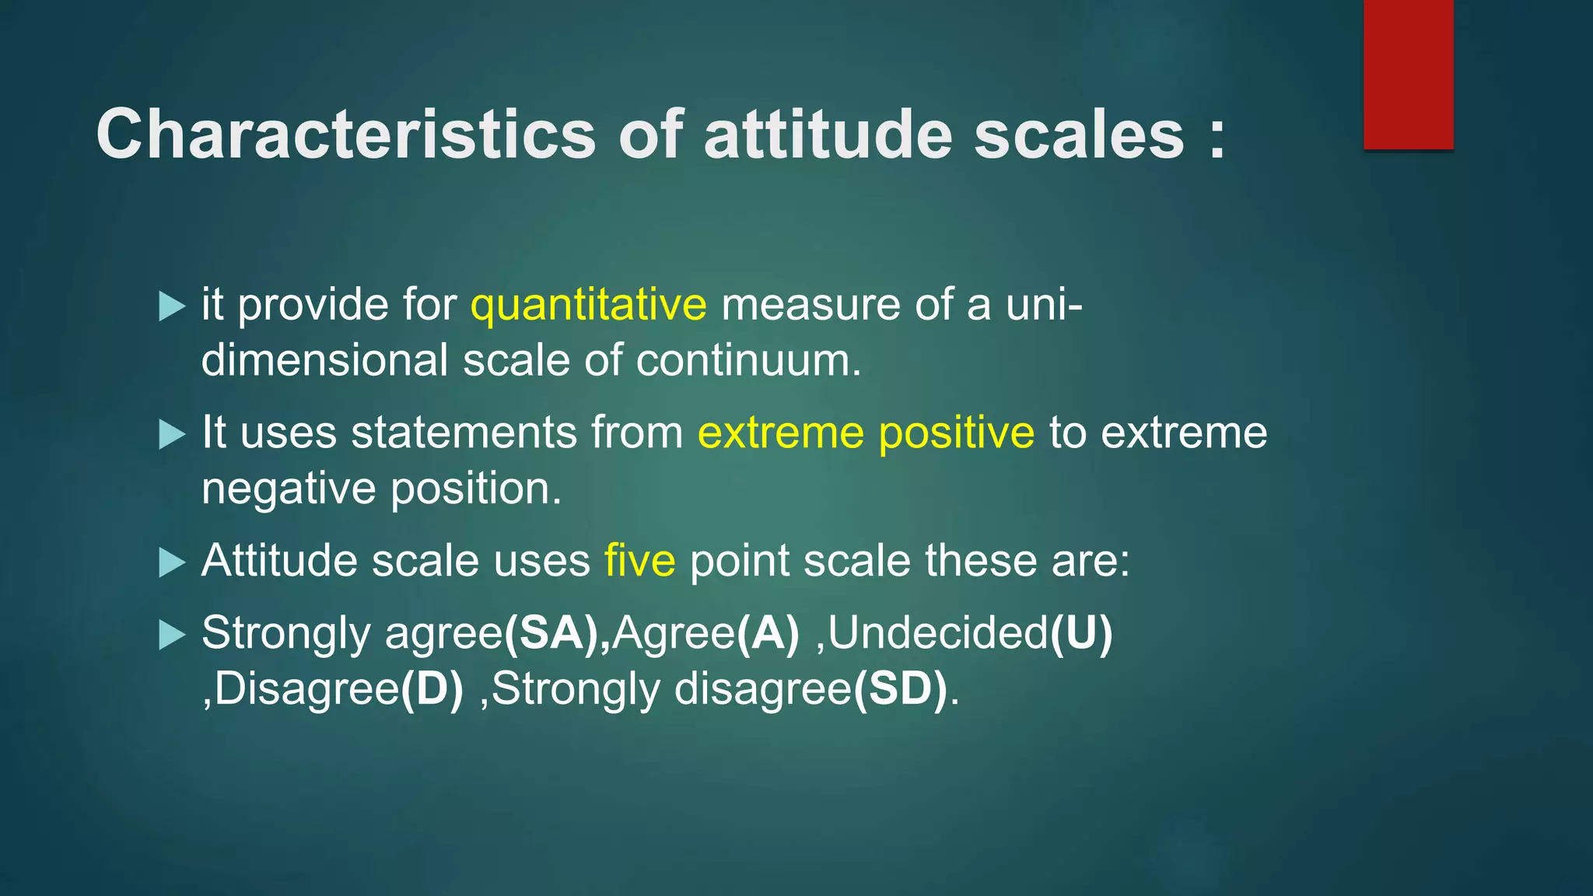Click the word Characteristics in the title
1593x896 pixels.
(345, 134)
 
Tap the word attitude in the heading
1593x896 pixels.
(828, 134)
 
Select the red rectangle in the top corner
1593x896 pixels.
(1408, 75)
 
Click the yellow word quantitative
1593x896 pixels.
(588, 305)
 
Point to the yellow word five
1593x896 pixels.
(639, 561)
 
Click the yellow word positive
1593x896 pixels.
(956, 433)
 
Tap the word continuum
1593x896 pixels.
(748, 361)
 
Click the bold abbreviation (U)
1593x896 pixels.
(1081, 633)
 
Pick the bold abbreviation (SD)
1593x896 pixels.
(901, 689)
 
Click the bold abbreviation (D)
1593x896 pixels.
(432, 689)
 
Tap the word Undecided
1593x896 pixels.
(938, 633)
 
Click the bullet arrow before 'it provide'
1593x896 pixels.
(171, 306)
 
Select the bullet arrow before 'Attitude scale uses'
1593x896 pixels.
(171, 562)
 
